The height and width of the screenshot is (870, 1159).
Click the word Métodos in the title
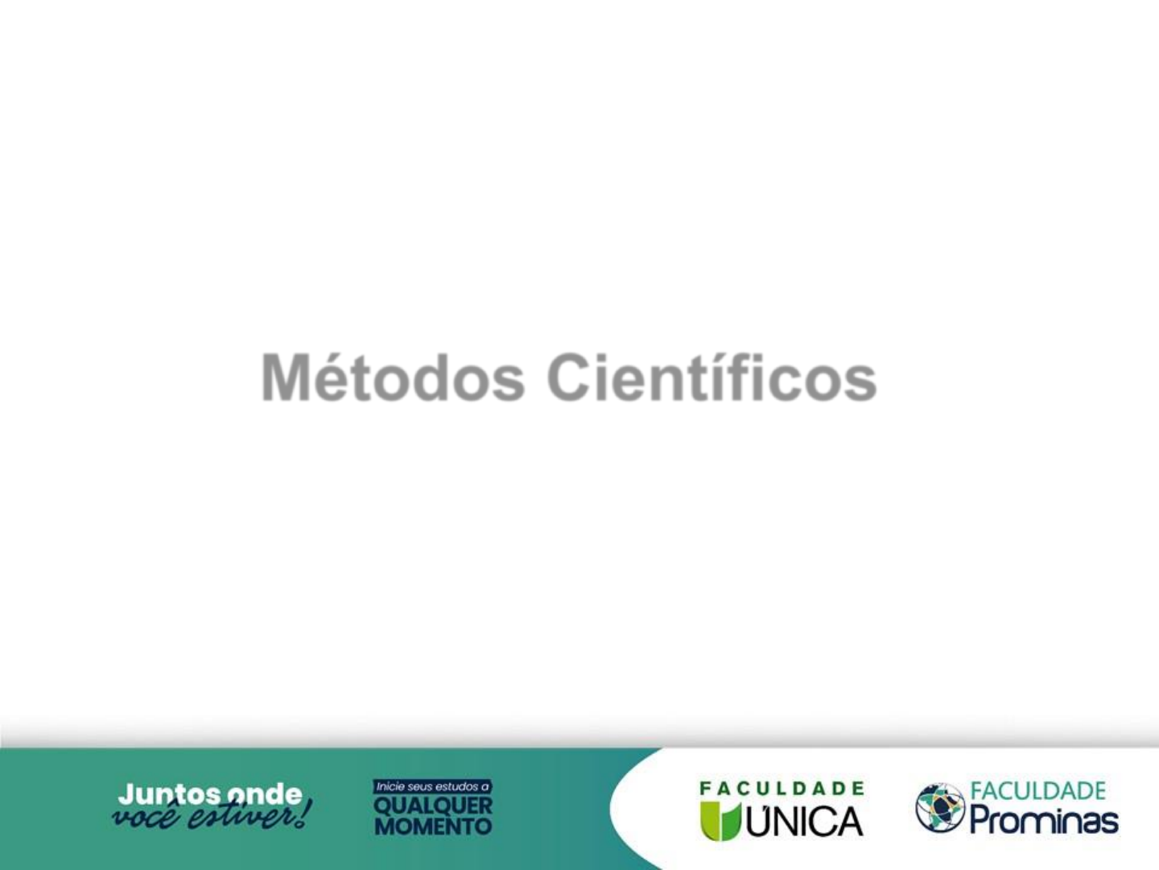[394, 377]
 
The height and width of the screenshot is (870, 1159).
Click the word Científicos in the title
[711, 377]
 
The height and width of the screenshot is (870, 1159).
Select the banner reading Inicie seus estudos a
[432, 786]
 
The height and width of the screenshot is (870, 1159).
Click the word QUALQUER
[433, 806]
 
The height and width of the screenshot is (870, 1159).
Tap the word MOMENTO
[433, 826]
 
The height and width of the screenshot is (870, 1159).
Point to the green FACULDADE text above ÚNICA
[782, 789]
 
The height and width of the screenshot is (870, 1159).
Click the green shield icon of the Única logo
[721, 820]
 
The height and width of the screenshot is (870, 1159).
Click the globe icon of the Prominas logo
[940, 808]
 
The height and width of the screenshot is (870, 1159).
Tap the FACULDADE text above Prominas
[1038, 791]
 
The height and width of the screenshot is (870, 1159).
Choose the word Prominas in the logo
[1044, 822]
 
